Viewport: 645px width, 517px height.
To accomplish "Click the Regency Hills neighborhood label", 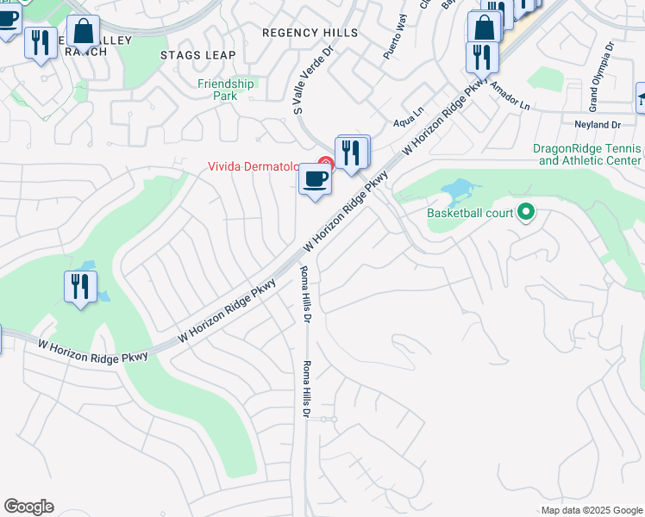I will [310, 33].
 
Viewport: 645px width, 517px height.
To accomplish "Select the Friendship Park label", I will [226, 90].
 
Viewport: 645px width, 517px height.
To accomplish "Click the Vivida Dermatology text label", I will [252, 166].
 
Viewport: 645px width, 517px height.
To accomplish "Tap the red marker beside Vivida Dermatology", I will [325, 163].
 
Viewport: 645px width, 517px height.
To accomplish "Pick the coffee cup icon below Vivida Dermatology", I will [315, 180].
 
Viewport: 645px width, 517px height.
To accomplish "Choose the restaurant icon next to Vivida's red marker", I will [352, 153].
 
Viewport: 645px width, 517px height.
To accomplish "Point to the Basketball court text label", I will [470, 213].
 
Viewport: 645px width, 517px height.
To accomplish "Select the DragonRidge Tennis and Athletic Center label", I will [587, 154].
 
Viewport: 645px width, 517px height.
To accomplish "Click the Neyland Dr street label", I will [598, 124].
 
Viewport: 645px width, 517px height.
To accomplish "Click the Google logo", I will [28, 507].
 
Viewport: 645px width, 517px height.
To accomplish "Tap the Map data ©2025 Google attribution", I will [591, 510].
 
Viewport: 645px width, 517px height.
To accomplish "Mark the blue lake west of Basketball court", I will [460, 189].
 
